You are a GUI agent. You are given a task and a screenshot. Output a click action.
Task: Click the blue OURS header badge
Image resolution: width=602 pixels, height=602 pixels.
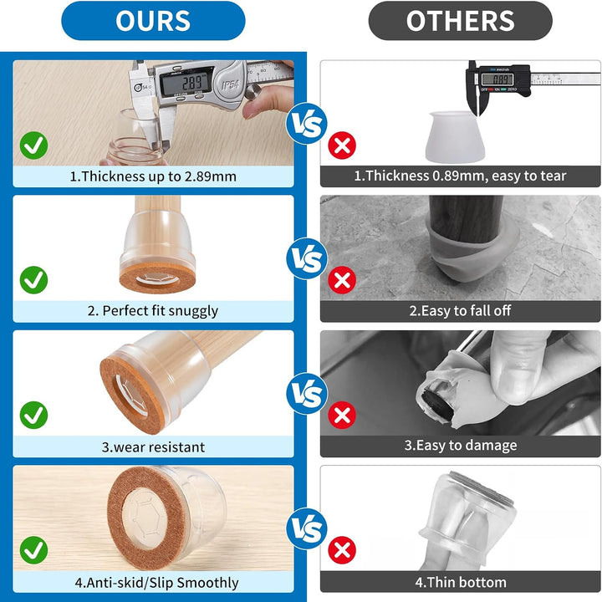[x=153, y=21]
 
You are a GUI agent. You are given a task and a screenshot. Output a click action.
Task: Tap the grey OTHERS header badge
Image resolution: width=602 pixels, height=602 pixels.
[x=461, y=21]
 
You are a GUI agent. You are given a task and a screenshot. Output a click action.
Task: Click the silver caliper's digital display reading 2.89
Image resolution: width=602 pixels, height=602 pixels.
[x=186, y=82]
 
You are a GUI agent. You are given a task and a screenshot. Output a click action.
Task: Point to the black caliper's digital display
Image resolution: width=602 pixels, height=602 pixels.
[x=497, y=79]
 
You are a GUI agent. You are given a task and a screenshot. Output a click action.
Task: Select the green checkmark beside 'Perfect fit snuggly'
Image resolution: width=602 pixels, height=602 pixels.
[x=33, y=280]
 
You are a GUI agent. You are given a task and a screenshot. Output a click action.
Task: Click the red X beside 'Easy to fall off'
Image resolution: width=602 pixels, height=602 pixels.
[x=342, y=280]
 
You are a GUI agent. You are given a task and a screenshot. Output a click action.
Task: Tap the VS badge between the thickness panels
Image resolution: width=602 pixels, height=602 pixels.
[x=307, y=124]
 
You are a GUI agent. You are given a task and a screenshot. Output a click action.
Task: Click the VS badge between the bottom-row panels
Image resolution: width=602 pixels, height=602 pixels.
[x=307, y=528]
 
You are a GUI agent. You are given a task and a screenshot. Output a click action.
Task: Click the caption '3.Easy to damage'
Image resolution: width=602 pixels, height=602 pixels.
[x=461, y=446]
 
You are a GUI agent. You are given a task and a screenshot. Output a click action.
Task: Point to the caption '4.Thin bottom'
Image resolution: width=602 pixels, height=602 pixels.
[x=461, y=582]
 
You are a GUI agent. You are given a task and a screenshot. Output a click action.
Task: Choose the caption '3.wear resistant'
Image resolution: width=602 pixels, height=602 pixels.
[x=153, y=447]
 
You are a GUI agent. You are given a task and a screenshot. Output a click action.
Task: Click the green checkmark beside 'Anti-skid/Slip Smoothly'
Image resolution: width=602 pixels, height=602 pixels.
[x=33, y=550]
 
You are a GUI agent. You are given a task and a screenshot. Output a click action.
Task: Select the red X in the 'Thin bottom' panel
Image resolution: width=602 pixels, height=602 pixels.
[x=342, y=550]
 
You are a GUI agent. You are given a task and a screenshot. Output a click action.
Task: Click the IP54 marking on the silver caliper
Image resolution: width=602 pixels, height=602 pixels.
[x=231, y=84]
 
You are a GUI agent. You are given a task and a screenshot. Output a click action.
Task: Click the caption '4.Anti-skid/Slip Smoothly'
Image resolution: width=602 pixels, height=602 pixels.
[x=156, y=583]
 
